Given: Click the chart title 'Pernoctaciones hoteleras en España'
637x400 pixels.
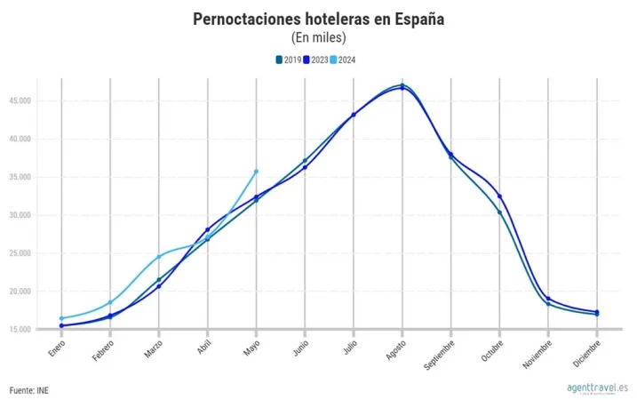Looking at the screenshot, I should tap(318, 20).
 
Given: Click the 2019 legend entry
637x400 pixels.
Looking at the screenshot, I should tap(287, 60).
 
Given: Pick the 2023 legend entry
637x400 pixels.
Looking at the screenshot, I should tap(315, 60).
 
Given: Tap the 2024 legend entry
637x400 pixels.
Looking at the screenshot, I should tap(344, 60).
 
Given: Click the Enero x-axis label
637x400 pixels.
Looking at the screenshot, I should tap(57, 348).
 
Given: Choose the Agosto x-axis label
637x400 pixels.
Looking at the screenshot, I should tap(395, 348).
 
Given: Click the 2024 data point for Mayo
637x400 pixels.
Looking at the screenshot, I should tap(256, 171).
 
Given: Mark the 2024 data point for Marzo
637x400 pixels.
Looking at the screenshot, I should tap(159, 257).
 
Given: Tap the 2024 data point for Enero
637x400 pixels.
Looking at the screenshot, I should tap(61, 318).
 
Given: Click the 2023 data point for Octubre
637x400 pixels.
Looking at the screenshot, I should tap(500, 196).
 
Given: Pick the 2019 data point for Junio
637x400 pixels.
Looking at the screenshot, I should tap(305, 161).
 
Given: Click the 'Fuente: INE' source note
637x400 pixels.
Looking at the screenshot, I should tap(29, 390).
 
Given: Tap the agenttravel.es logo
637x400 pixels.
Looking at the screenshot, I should tap(597, 388).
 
